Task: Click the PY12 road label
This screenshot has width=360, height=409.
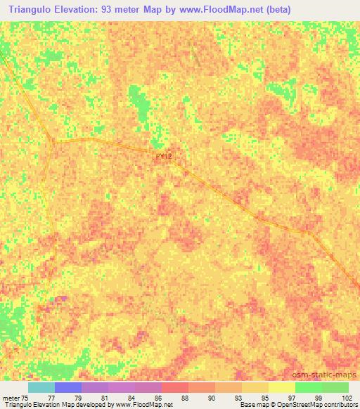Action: click(x=163, y=158)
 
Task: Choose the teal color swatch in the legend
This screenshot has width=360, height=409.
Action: click(x=41, y=387)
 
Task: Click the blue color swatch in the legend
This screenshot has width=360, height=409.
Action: click(x=68, y=387)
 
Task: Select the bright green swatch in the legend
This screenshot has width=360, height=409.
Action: click(x=308, y=387)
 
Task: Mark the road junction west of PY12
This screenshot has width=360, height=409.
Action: click(x=53, y=141)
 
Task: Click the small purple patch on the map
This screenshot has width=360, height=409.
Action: click(x=61, y=299)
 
